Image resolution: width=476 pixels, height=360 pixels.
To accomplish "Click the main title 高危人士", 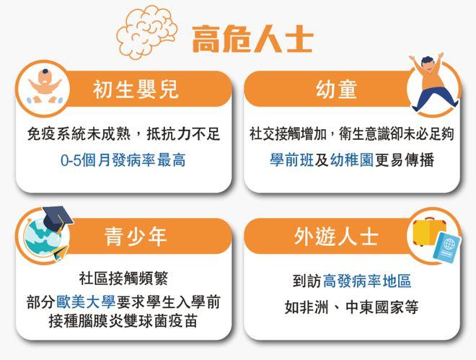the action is [x=252, y=39].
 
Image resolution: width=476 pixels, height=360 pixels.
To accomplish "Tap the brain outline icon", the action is [x=146, y=32].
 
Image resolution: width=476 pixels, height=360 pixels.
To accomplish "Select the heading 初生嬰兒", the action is [x=136, y=89].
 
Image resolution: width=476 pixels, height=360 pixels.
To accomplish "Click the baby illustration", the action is [x=45, y=87].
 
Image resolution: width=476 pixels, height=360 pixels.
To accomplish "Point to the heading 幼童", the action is [x=336, y=89].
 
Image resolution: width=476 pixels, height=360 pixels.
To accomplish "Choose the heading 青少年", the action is [x=136, y=237].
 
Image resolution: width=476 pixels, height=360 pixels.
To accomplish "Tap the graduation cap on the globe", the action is [x=58, y=218].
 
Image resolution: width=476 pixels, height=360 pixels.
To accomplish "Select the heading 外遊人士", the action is [x=336, y=237].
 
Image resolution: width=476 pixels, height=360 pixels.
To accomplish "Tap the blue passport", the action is [x=447, y=247].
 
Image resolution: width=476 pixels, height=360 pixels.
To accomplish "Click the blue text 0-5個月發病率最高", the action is [x=123, y=160].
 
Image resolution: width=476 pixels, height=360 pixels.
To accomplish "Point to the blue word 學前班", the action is [x=291, y=160].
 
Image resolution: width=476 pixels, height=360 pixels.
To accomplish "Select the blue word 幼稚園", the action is [x=351, y=160].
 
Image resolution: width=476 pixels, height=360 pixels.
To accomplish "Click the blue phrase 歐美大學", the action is [x=86, y=302].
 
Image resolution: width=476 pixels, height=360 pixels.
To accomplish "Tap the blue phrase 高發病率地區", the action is [x=366, y=281].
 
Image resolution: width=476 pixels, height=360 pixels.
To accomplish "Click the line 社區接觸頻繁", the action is [x=123, y=278].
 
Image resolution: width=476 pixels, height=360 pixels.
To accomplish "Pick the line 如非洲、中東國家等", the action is [x=351, y=307].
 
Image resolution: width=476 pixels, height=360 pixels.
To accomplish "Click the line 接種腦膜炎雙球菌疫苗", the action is [x=123, y=321].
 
